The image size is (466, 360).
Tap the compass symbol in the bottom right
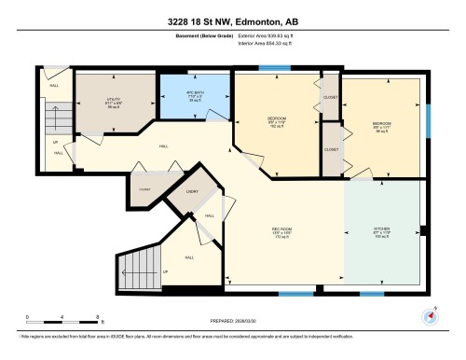pyautogui.click(x=430, y=315)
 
